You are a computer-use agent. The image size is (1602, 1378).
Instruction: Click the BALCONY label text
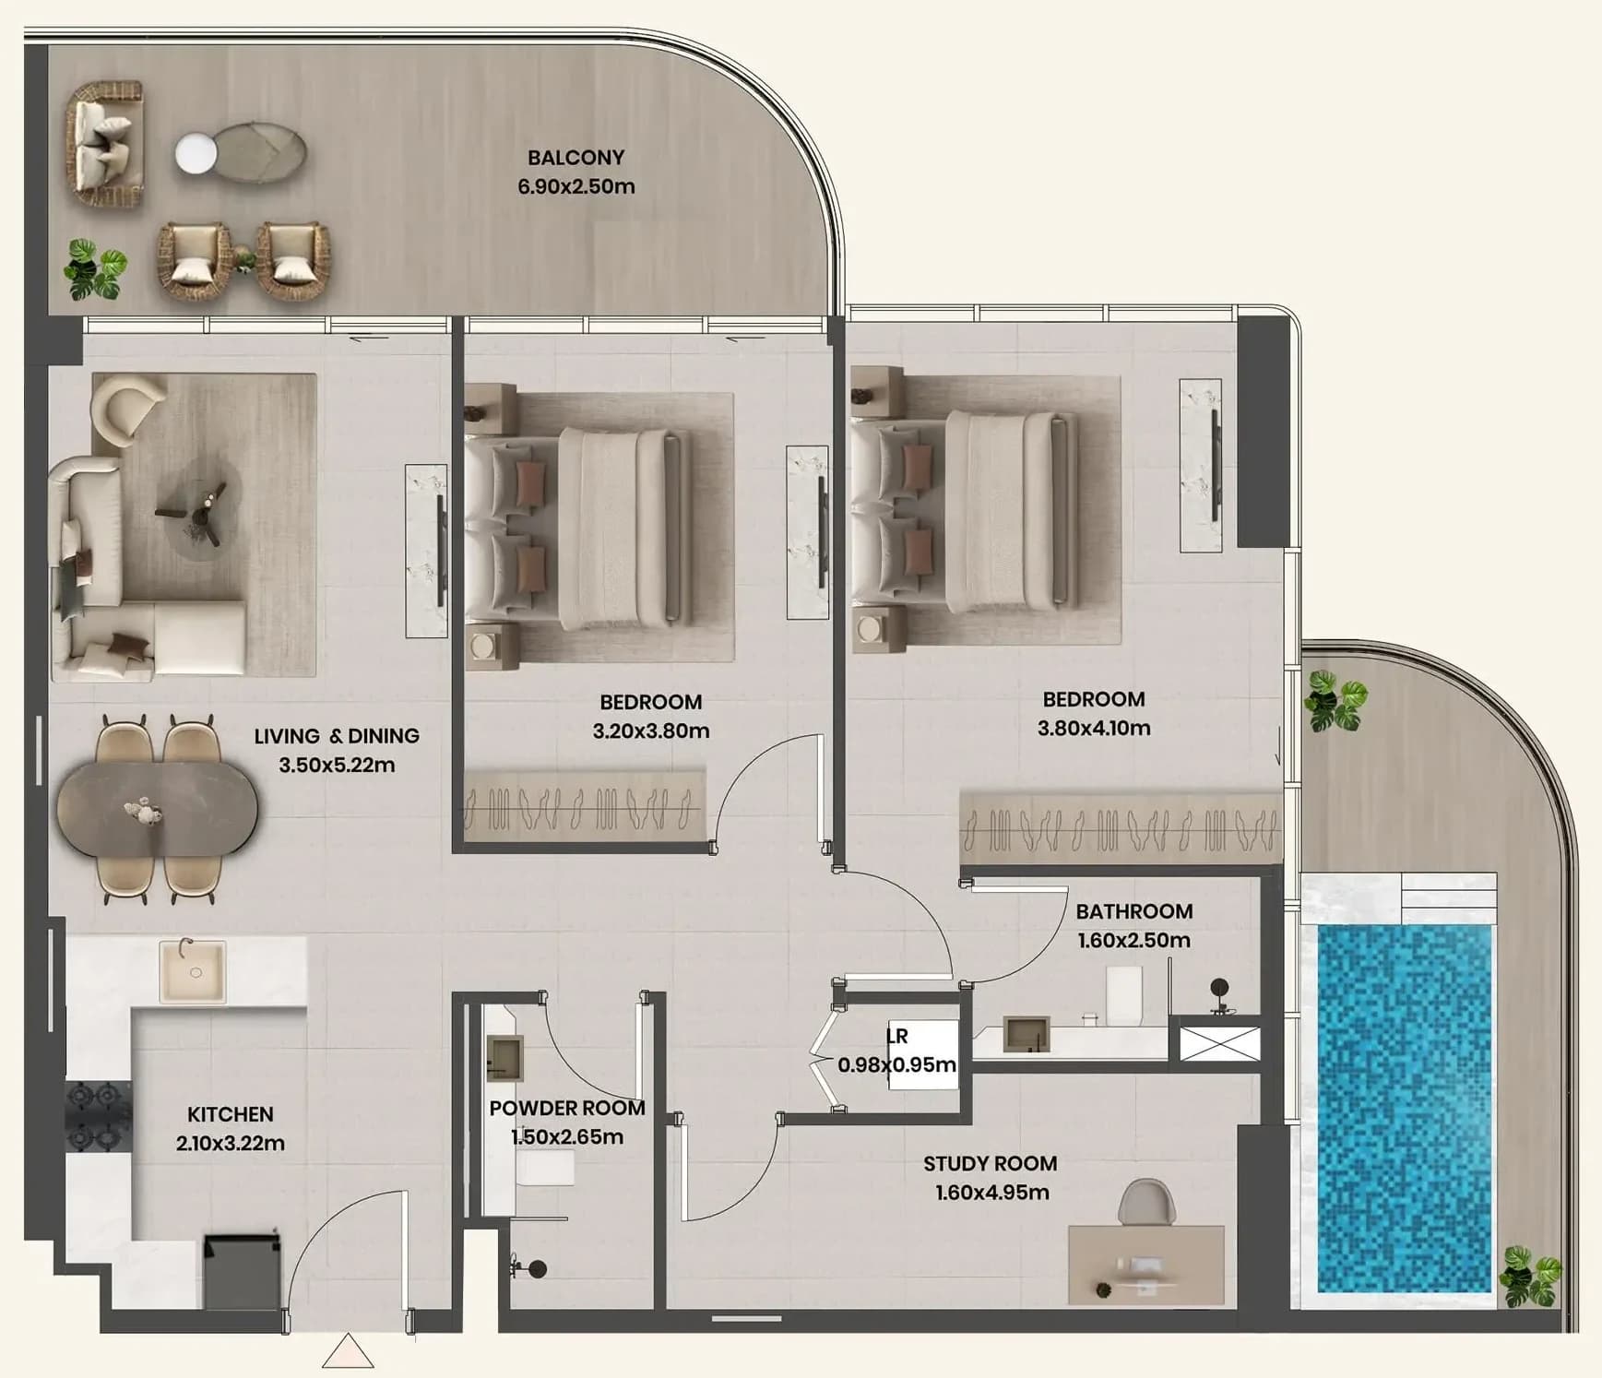[576, 158]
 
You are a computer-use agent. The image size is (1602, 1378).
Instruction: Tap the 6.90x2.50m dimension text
[576, 186]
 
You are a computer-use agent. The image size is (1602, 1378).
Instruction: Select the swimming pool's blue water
[1404, 1108]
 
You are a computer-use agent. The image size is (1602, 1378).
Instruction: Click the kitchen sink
[192, 971]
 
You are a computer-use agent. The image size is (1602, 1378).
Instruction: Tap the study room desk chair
[1146, 1203]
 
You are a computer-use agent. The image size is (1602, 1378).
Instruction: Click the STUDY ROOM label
[991, 1164]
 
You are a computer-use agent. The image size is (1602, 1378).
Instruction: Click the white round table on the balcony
[196, 154]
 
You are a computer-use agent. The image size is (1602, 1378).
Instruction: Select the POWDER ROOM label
[567, 1108]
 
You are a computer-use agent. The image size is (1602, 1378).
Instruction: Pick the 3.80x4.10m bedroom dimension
[1094, 728]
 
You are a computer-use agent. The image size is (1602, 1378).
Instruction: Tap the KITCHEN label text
[231, 1114]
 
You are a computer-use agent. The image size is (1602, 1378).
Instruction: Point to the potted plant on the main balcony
[95, 268]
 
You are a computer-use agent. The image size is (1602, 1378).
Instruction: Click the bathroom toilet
[1124, 996]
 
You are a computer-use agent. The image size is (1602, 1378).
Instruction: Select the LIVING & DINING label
[337, 736]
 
